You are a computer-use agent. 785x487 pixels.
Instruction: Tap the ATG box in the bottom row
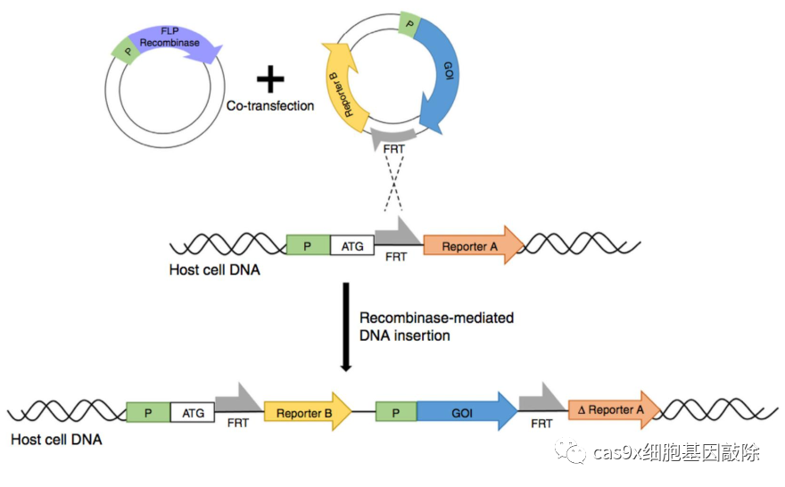coord(193,413)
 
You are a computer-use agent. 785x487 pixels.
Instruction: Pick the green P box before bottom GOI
coord(396,413)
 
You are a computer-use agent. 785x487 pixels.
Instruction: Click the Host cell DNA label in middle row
coord(214,269)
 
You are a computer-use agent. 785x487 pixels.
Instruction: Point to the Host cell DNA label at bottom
coord(55,440)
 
